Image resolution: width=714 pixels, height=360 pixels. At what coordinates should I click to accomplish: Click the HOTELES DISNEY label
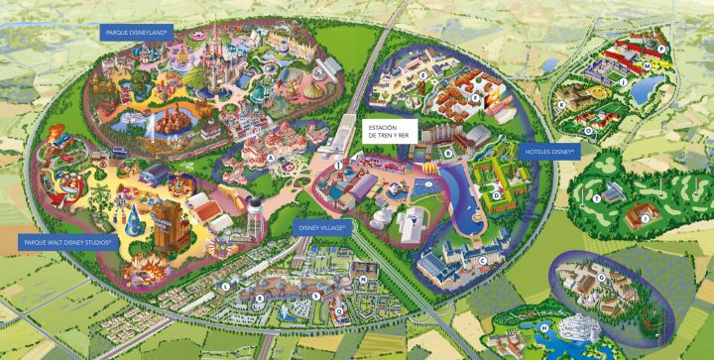point(551,152)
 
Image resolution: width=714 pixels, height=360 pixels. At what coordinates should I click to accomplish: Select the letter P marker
point(659,48)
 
